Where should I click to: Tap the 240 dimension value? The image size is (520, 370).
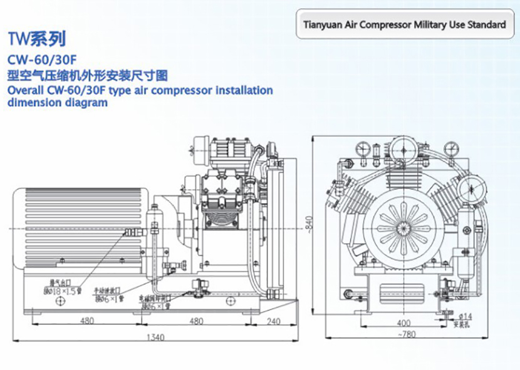point(273,322)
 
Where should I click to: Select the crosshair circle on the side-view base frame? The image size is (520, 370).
point(60,302)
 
